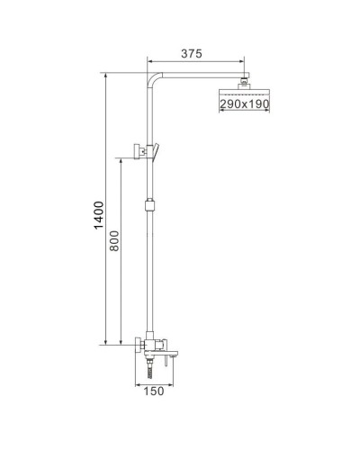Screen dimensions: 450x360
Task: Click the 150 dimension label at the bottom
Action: pos(154,391)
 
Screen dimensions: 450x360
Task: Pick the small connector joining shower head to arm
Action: pos(243,84)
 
